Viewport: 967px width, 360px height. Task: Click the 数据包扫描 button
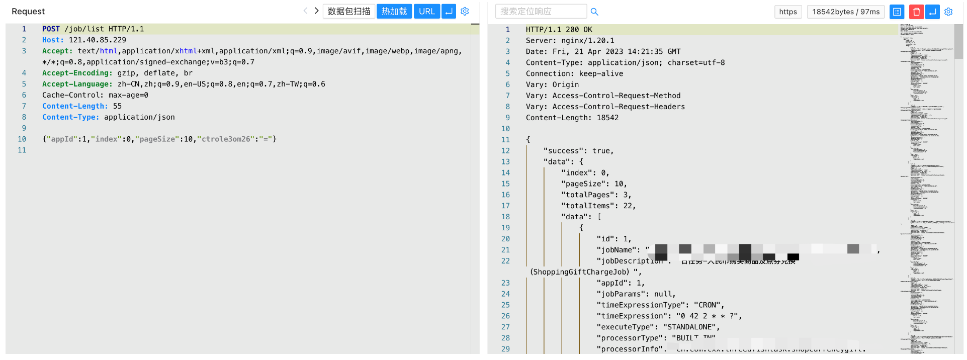pyautogui.click(x=348, y=11)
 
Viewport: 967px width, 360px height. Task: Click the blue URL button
pyautogui.click(x=426, y=11)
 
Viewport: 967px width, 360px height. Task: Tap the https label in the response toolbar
pyautogui.click(x=787, y=12)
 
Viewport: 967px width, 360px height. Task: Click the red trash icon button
pyautogui.click(x=916, y=12)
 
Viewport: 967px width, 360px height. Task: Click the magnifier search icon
pyautogui.click(x=594, y=12)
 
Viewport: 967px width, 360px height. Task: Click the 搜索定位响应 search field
pyautogui.click(x=541, y=12)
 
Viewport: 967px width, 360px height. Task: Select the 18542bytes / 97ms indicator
pyautogui.click(x=846, y=12)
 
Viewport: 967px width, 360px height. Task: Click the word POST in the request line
pyautogui.click(x=51, y=29)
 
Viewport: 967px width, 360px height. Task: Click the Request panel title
pyautogui.click(x=28, y=11)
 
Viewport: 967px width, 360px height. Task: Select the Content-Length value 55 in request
pyautogui.click(x=117, y=106)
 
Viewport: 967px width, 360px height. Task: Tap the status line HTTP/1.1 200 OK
pyautogui.click(x=559, y=30)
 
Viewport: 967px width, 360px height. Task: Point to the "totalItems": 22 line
pyautogui.click(x=598, y=206)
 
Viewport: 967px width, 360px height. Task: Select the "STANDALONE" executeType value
pyautogui.click(x=689, y=327)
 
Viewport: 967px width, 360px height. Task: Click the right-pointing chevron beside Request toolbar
pyautogui.click(x=316, y=11)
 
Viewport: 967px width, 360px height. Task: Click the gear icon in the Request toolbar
pyautogui.click(x=465, y=11)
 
